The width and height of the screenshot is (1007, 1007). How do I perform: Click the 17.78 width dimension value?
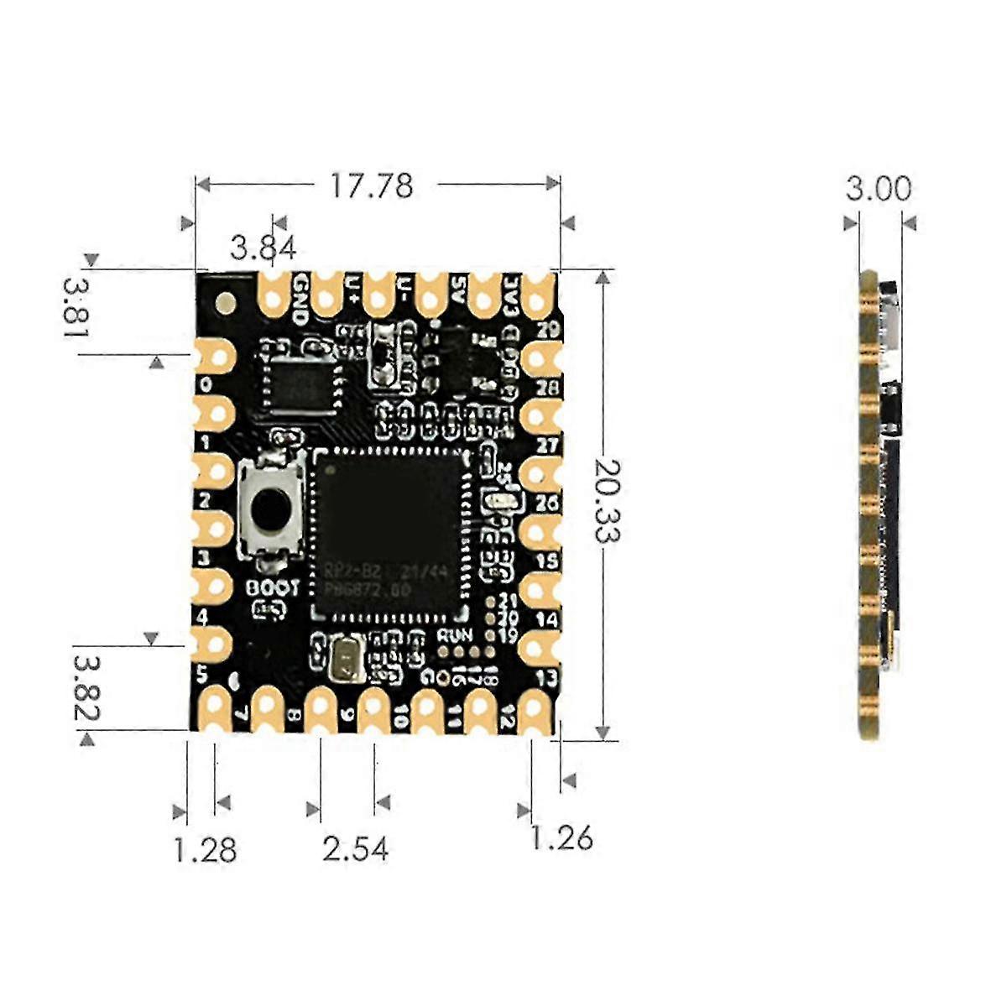[371, 185]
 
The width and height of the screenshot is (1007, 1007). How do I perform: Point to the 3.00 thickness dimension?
[878, 188]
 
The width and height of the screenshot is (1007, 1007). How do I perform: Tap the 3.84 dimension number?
[263, 248]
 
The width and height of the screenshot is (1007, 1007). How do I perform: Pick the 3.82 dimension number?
[86, 688]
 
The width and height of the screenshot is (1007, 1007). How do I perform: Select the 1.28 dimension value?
[205, 849]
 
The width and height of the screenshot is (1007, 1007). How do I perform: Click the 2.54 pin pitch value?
[356, 849]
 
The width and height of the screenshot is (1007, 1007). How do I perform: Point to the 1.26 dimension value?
[561, 837]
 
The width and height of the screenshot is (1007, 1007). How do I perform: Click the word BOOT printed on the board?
[272, 588]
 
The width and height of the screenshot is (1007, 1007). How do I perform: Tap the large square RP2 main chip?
[391, 535]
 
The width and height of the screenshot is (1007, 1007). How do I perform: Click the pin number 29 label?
[548, 331]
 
